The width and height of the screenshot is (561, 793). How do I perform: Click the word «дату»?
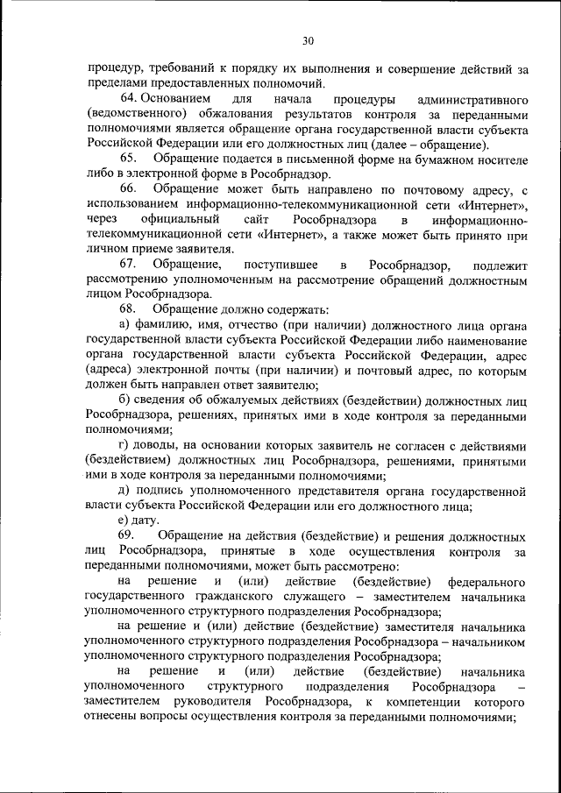[146, 520]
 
